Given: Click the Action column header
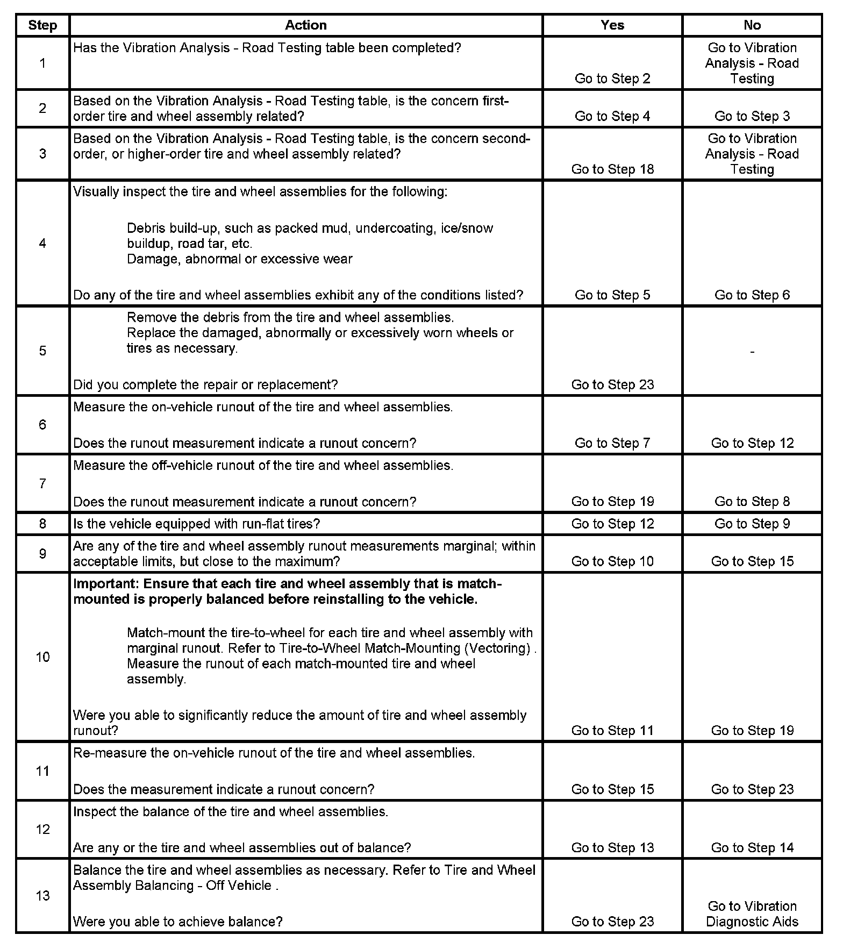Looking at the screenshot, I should [305, 25].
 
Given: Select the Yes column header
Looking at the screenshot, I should [612, 25].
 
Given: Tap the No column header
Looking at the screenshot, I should [752, 25].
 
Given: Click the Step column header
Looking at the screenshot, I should [42, 25].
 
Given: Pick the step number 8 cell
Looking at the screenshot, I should [42, 524].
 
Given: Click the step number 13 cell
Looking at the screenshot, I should [42, 895].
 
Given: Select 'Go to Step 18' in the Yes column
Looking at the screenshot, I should [612, 169].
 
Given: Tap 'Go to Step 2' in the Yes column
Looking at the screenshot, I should [612, 78].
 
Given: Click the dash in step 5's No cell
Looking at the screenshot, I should [752, 352].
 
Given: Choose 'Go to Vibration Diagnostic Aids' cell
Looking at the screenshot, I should [752, 914].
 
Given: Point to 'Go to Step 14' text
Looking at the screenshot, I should [752, 848].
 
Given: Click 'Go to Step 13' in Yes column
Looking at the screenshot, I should [612, 848].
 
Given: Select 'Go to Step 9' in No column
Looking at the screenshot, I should [752, 524].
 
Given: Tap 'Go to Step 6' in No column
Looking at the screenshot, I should [752, 295].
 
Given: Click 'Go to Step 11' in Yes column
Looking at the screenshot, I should [612, 731].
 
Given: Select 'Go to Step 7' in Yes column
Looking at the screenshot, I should [612, 443].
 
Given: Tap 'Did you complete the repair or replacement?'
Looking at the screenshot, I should [205, 385].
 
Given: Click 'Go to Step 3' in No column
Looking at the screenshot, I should [752, 116].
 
